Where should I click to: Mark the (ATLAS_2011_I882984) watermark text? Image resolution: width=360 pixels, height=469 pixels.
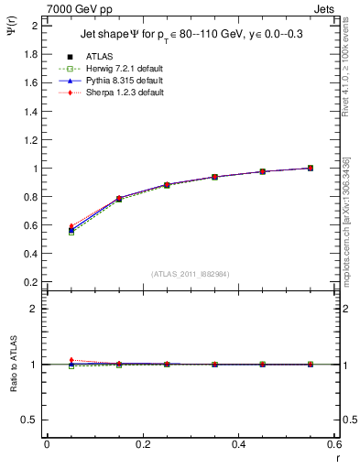click(191, 274)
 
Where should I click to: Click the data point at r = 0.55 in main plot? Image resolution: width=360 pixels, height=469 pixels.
click(311, 168)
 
